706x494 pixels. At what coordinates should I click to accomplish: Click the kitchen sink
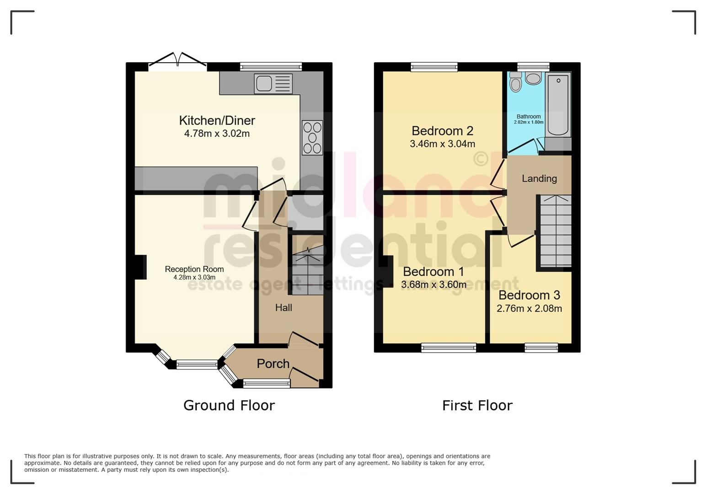(x=273, y=84)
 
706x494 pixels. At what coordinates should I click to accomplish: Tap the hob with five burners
(x=312, y=137)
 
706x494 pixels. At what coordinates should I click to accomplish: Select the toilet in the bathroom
(x=515, y=82)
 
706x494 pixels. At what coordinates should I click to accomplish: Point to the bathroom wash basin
(x=533, y=78)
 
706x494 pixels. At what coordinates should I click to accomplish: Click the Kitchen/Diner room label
(x=217, y=120)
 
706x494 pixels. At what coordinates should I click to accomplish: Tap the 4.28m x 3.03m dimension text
(x=194, y=277)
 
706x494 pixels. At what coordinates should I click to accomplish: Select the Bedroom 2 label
(x=442, y=131)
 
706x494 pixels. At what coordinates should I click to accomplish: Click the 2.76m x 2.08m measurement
(x=529, y=308)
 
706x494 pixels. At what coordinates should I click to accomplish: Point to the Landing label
(x=539, y=178)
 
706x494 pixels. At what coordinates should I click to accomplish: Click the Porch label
(x=273, y=364)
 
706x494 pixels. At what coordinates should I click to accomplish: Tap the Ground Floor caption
(x=229, y=405)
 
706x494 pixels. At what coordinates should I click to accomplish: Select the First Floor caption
(x=477, y=405)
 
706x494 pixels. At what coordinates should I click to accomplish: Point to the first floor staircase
(x=556, y=231)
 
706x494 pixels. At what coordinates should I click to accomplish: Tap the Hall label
(x=283, y=308)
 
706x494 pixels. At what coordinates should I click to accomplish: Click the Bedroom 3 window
(x=541, y=348)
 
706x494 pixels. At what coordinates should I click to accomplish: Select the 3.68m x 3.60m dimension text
(x=433, y=285)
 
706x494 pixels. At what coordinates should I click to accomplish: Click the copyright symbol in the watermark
(x=481, y=159)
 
